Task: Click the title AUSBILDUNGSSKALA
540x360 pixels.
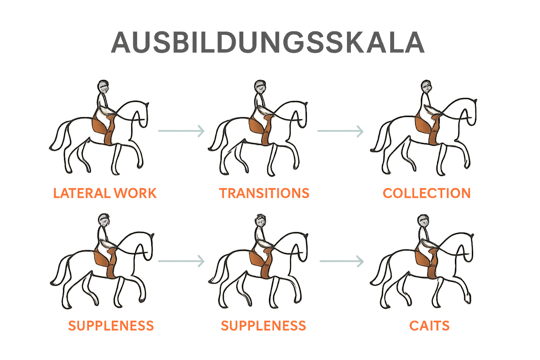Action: pos(268,42)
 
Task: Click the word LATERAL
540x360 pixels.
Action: pos(82,193)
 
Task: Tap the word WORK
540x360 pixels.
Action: pos(135,193)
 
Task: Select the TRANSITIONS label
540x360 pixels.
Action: pos(264,193)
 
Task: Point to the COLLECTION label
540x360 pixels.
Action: pos(427,193)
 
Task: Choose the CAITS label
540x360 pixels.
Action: pos(429,326)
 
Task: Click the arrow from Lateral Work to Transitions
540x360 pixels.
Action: pos(181,131)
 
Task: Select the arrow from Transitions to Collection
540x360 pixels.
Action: pos(340,131)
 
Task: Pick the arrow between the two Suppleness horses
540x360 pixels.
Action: pos(181,261)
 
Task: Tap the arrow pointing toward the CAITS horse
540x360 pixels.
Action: pos(342,261)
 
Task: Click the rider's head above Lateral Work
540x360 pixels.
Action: pos(103,87)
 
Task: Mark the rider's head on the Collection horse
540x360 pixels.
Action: pos(426,86)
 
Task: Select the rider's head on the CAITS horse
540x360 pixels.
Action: pos(423,221)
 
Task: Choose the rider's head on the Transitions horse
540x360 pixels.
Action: pos(260,87)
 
